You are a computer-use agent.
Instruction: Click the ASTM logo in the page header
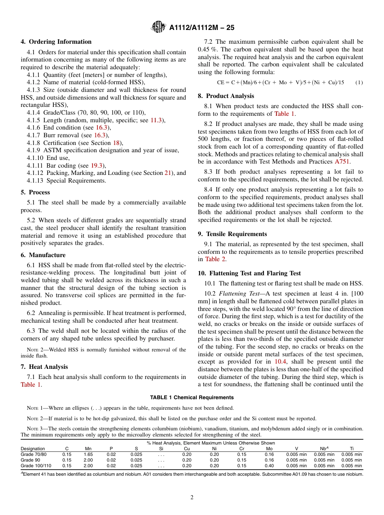coord(158,27)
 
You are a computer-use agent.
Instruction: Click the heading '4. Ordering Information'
coord(56,42)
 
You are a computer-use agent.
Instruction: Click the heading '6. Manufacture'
coord(43,255)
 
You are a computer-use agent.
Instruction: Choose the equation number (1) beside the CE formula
coord(359,83)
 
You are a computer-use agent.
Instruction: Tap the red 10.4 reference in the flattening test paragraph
coord(279,362)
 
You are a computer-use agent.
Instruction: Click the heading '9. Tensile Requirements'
coord(232,234)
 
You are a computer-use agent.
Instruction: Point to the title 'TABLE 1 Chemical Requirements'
coord(192,398)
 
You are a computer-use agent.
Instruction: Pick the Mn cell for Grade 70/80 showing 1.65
coord(88,455)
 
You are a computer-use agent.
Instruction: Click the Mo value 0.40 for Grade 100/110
coord(269,466)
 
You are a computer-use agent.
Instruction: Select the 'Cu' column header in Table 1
coord(187,449)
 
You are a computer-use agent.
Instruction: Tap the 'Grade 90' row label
coord(30,460)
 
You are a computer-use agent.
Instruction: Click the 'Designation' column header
coord(33,449)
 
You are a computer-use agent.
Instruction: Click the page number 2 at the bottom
coord(192,498)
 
